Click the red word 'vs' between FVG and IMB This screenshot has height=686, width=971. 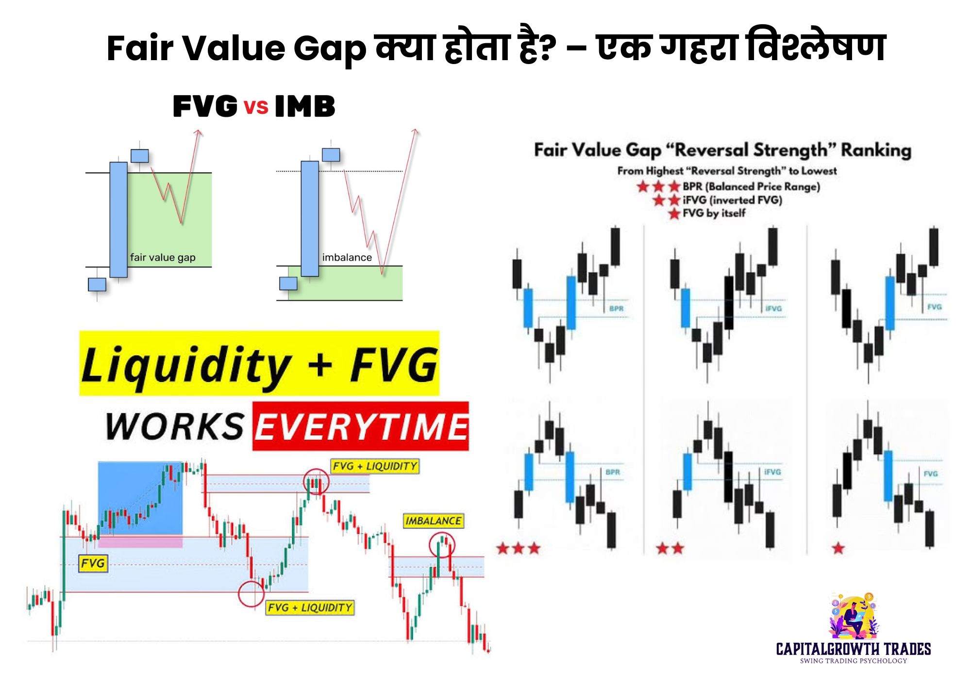coord(256,106)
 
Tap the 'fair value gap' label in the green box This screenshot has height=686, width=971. coord(163,258)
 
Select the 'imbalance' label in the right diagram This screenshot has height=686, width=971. coord(347,258)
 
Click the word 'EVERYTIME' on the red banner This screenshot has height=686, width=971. coord(361,426)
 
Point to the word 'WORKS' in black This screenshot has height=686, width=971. coord(175,427)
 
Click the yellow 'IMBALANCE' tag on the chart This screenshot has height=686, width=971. coord(433,521)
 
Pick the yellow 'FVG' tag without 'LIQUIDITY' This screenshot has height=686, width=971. coord(92,563)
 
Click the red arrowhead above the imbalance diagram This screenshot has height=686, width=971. coord(415,131)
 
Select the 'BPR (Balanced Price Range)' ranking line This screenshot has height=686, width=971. coord(751,187)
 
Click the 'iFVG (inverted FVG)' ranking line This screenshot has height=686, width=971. coord(732,200)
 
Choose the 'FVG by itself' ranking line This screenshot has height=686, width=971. coord(714,213)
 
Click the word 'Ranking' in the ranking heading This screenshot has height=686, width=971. coord(875,150)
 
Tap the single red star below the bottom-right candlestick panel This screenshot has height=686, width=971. coord(838,549)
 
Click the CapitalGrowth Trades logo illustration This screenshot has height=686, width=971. coord(853,616)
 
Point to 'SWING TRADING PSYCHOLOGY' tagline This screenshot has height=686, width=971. coord(853,661)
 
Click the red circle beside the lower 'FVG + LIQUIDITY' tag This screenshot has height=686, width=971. coord(251,593)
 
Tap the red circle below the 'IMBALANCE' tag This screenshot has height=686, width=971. coord(442,544)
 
